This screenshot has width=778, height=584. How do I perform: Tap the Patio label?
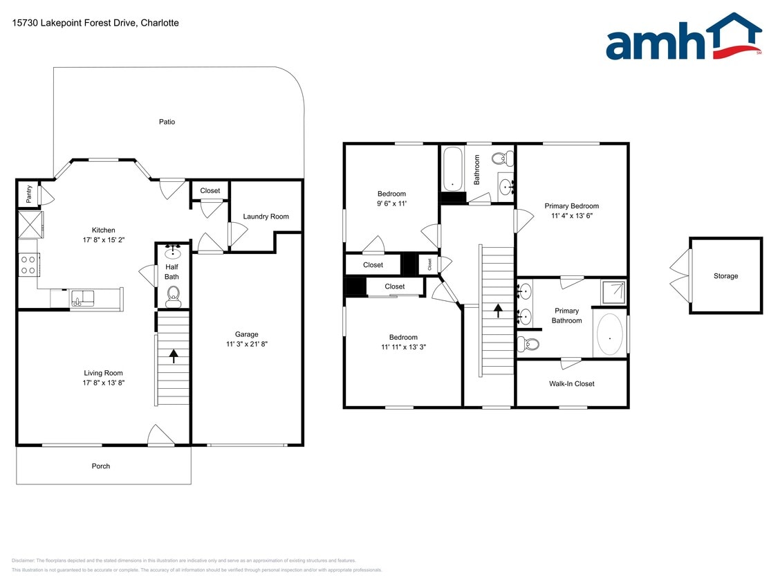click(167, 122)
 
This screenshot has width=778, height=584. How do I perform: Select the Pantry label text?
click(29, 194)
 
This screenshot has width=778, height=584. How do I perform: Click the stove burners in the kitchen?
click(28, 265)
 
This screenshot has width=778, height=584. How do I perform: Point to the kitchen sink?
click(82, 299)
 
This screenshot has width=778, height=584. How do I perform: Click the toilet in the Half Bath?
click(172, 297)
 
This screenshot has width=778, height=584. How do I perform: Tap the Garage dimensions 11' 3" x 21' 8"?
click(246, 344)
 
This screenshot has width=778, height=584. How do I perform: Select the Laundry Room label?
click(266, 217)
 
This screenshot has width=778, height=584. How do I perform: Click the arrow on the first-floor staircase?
click(173, 356)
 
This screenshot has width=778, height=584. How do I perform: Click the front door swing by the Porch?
click(161, 436)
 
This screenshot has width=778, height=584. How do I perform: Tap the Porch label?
click(101, 466)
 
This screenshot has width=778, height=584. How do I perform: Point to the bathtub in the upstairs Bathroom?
click(453, 168)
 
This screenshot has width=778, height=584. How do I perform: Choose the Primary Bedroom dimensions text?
click(571, 216)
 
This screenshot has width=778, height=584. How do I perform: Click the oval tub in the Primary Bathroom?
click(609, 335)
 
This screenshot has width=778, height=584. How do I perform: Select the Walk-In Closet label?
click(571, 384)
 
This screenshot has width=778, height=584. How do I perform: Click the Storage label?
click(725, 276)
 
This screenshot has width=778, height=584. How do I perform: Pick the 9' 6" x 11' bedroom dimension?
click(391, 203)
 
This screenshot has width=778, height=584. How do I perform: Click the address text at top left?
click(95, 23)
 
